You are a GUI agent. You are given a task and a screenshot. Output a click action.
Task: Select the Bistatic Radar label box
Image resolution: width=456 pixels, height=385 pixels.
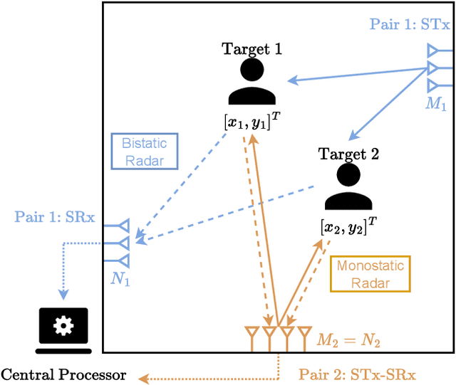click(145, 150)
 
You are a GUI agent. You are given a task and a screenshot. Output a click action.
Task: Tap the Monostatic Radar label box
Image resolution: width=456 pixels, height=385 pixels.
click(370, 275)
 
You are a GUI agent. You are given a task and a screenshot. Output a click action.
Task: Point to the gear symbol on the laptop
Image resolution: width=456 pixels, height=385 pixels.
click(63, 326)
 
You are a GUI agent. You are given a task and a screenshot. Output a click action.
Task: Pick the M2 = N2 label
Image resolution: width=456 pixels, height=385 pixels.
click(348, 342)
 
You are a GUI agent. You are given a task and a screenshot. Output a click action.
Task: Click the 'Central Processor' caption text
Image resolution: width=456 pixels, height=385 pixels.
click(63, 374)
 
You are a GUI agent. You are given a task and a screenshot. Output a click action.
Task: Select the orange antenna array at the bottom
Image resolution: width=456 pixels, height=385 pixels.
click(278, 333)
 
